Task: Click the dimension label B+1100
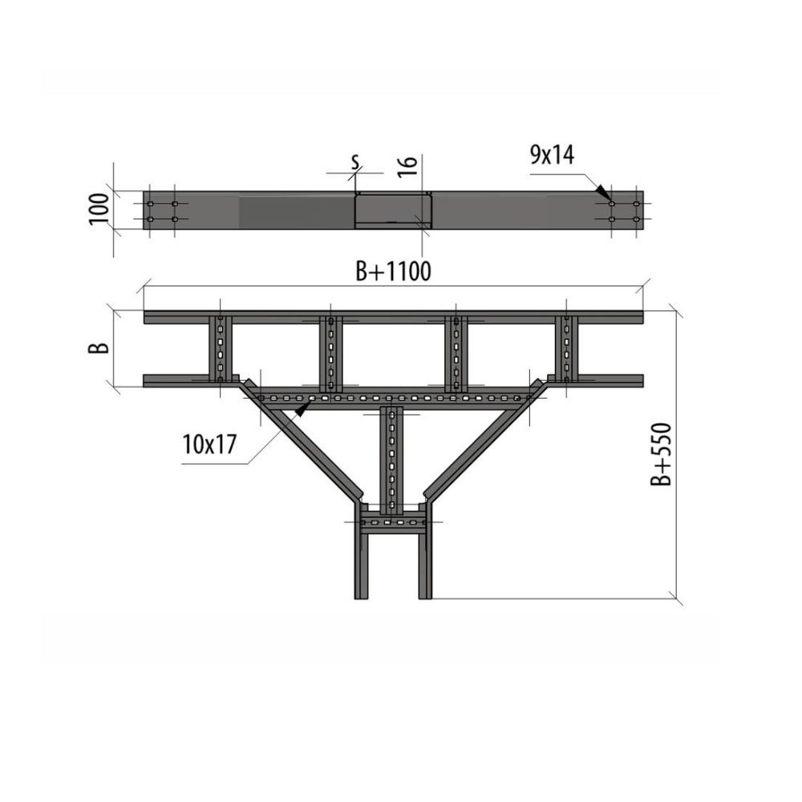[x=393, y=271]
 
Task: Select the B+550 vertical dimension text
[x=660, y=454]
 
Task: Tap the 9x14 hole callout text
[x=552, y=155]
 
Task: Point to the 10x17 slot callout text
[x=209, y=444]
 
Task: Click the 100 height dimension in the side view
[x=99, y=209]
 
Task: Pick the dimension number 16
[x=407, y=167]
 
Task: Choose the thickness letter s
[x=355, y=162]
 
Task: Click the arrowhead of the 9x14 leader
[x=604, y=192]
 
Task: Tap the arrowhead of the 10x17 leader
[x=303, y=408]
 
